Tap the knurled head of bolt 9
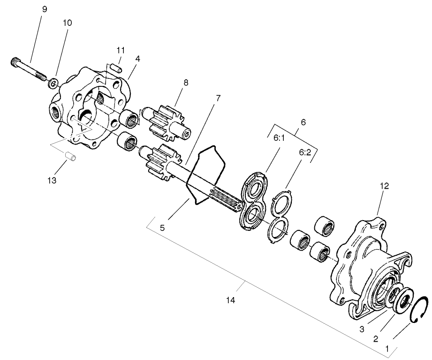pos(14,62)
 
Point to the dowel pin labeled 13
pos(71,156)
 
